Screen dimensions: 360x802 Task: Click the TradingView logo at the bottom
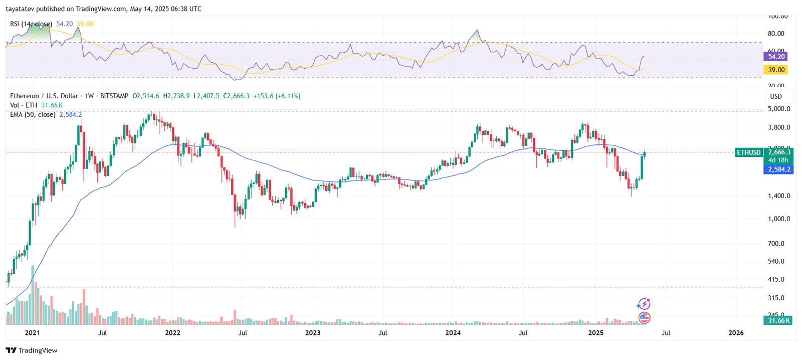point(32,350)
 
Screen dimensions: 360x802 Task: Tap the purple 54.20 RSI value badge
point(776,57)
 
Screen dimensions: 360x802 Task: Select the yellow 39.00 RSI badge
point(776,70)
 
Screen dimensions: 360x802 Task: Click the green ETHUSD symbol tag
point(748,152)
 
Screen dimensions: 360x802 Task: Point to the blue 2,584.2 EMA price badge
point(779,169)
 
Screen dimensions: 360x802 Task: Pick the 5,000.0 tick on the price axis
point(779,109)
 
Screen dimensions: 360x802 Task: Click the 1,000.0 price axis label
point(779,219)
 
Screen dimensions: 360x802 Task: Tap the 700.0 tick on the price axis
point(776,243)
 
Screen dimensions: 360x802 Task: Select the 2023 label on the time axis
point(313,332)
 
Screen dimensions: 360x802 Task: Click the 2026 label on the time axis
point(736,332)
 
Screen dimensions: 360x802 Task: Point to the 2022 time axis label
point(173,332)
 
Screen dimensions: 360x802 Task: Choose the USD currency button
point(776,96)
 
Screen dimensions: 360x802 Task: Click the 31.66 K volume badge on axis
point(778,320)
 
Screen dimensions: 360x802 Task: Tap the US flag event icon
point(644,317)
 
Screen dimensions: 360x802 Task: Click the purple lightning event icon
point(643,304)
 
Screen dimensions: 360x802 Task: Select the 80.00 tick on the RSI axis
point(776,34)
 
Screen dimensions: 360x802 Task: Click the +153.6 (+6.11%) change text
point(277,96)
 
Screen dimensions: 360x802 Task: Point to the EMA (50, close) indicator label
point(33,114)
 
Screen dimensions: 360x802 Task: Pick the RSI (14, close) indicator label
point(31,24)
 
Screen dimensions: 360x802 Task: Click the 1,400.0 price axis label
point(779,196)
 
